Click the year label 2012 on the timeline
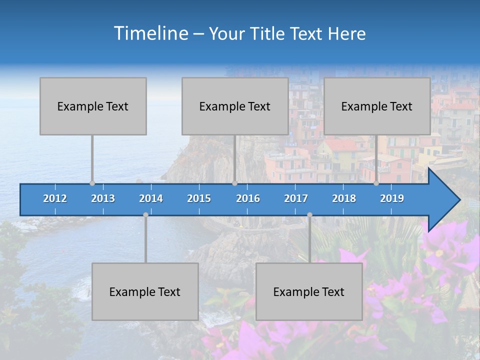point(55,198)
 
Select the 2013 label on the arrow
point(103,198)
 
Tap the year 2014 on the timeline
point(151,198)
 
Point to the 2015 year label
point(199,198)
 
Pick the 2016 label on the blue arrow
point(248,198)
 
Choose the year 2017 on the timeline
point(296,198)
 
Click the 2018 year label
point(344,198)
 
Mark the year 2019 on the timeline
point(392,198)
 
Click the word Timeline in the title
point(150,33)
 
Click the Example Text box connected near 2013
point(93,106)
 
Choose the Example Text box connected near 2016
point(235,106)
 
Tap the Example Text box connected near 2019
point(377,106)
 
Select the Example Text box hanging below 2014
point(145,291)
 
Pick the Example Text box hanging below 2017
point(309,291)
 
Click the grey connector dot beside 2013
point(92,183)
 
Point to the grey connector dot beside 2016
point(235,183)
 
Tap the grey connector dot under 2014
point(145,214)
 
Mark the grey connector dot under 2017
point(309,214)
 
